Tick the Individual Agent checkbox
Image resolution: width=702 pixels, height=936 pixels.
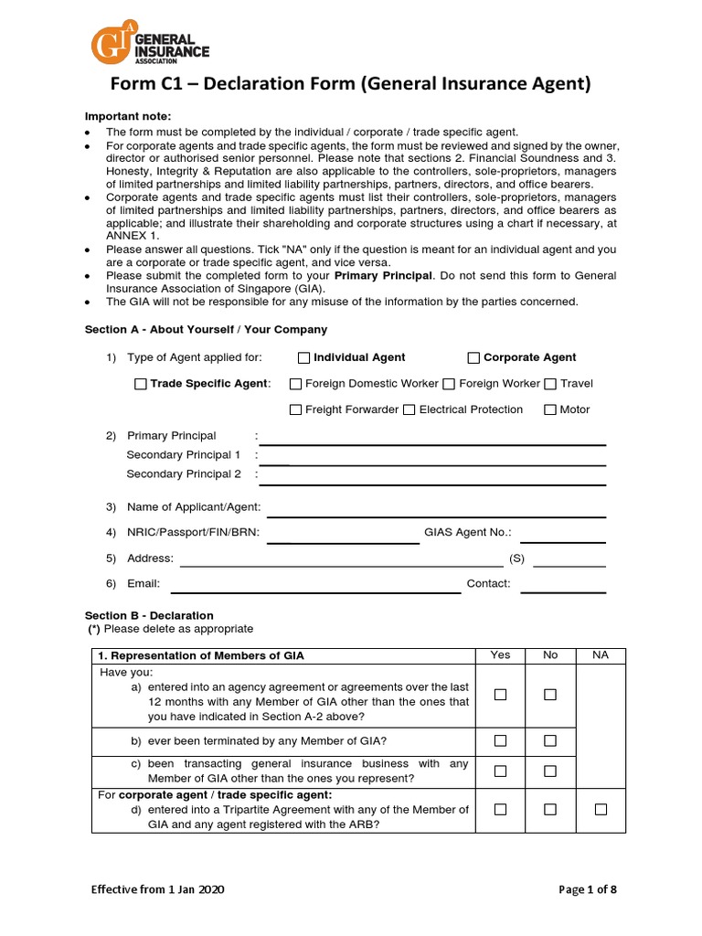(305, 357)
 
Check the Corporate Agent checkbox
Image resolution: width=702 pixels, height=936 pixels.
(473, 357)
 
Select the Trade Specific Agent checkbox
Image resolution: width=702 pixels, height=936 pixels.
(140, 384)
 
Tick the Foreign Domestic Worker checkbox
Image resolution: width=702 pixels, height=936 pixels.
(295, 384)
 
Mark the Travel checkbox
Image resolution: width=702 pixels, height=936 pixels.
(550, 384)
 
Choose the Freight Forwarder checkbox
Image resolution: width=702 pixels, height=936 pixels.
(295, 409)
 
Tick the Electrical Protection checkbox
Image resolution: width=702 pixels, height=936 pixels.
(409, 409)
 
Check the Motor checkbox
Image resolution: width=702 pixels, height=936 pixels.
(550, 409)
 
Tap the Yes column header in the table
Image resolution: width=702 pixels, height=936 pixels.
(500, 655)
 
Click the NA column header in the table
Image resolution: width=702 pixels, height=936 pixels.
(601, 655)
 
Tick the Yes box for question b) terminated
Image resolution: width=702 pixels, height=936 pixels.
(500, 739)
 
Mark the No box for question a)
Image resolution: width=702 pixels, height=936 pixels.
(550, 695)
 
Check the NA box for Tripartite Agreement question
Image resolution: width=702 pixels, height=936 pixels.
(601, 809)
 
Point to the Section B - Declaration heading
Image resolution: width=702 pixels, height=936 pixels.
(149, 615)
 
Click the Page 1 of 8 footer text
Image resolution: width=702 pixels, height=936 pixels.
(588, 889)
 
